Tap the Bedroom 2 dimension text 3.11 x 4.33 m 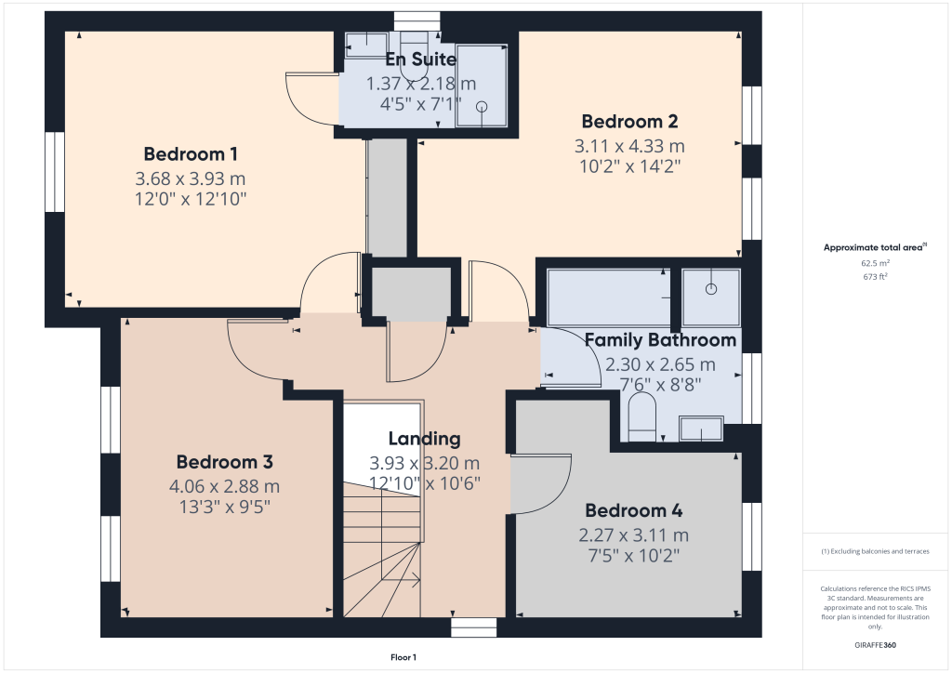click(629, 146)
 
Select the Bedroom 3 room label click(224, 462)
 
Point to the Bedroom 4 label click(633, 510)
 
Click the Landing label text click(424, 439)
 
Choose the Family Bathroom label click(660, 340)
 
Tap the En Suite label click(421, 59)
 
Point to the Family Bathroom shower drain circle click(712, 288)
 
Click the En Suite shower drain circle click(482, 107)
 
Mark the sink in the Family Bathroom click(701, 429)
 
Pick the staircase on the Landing click(381, 548)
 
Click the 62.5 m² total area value click(873, 263)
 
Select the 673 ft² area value click(873, 276)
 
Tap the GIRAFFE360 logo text click(874, 645)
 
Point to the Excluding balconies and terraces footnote click(874, 551)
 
